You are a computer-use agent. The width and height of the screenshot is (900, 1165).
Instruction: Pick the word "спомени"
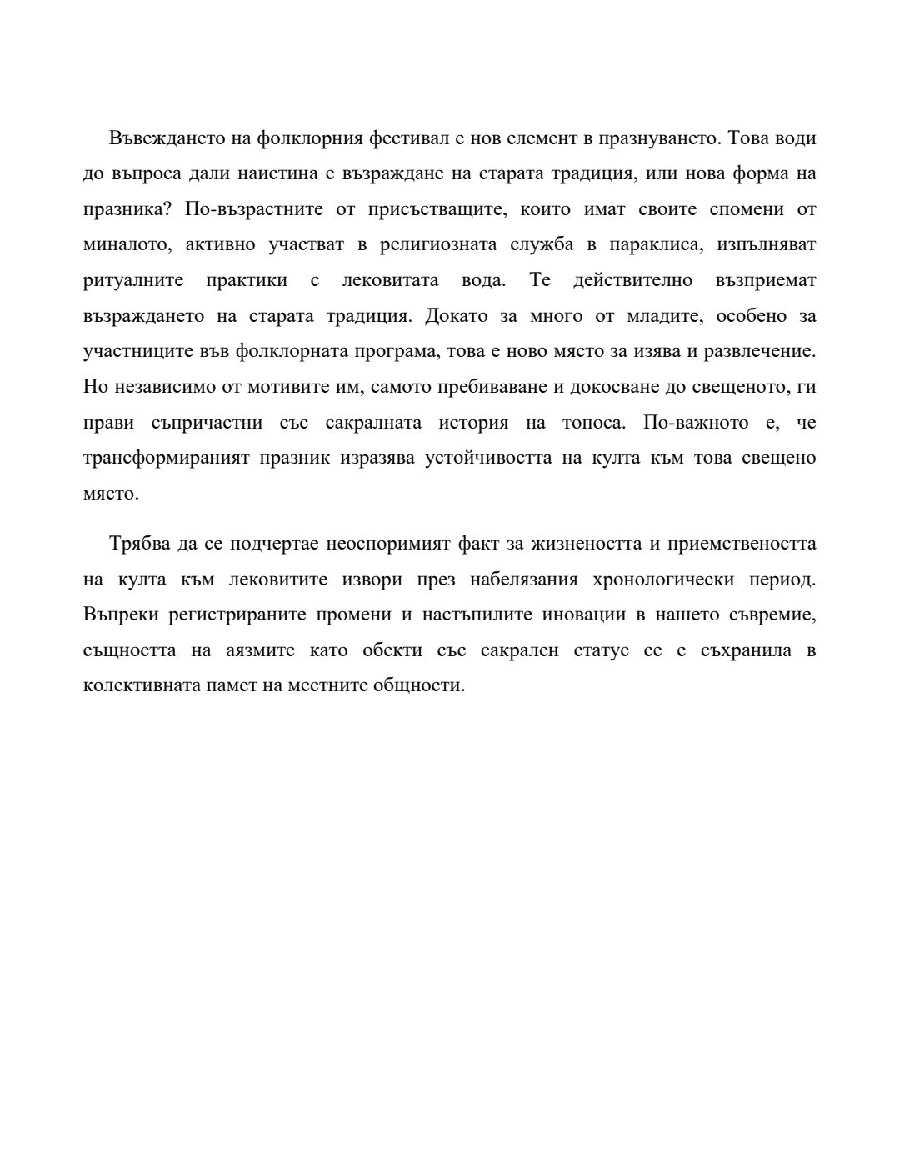click(x=747, y=209)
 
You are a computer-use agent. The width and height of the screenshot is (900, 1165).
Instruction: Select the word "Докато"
click(x=456, y=316)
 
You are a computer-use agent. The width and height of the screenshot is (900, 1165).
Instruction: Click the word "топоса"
click(x=592, y=423)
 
